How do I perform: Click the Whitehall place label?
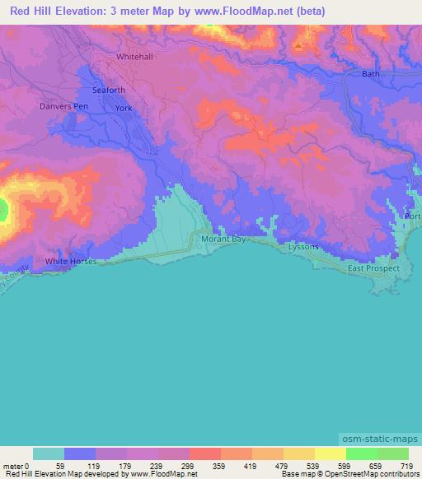point(135,58)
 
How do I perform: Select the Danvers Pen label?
point(62,107)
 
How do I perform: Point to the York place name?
point(124,109)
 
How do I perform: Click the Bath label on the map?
point(371,74)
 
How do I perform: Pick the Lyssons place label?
point(302,247)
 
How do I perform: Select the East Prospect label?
point(373,268)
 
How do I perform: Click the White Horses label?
point(71,262)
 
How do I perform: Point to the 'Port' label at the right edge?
point(412,216)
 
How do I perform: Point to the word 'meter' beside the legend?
point(12,465)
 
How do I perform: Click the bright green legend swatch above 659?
point(361,453)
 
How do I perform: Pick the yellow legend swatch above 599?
point(330,453)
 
